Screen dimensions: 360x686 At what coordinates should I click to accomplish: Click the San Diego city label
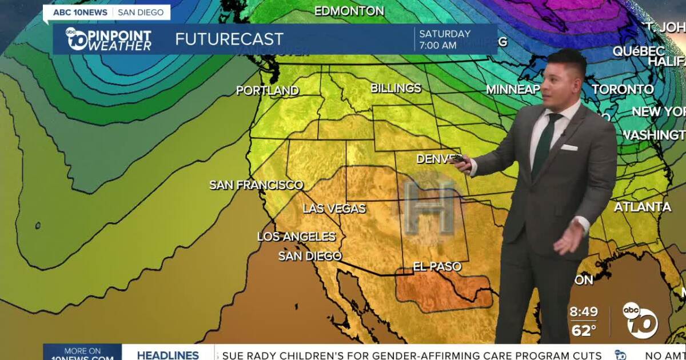[x=310, y=256]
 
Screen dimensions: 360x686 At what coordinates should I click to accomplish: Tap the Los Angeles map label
[x=296, y=237]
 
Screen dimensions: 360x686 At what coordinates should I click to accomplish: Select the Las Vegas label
[x=334, y=209]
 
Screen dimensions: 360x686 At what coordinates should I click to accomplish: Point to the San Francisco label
[x=256, y=185]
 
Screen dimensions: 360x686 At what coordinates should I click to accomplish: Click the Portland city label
[x=268, y=90]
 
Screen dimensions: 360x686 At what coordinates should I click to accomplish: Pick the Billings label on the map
[x=396, y=88]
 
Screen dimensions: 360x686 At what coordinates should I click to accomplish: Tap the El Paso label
[x=437, y=267]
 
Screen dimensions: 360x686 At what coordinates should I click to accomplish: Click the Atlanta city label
[x=642, y=207]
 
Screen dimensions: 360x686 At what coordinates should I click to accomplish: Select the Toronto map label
[x=623, y=89]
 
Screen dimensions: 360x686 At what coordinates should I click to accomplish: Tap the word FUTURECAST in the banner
[x=229, y=39]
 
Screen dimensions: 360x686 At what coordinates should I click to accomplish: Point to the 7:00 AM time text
[x=437, y=45]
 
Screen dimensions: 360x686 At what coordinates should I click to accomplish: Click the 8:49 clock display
[x=584, y=312]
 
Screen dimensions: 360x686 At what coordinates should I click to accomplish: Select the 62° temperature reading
[x=584, y=330]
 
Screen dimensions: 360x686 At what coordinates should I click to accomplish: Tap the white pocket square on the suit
[x=569, y=147]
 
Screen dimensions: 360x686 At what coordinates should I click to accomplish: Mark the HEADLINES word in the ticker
[x=167, y=355]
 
